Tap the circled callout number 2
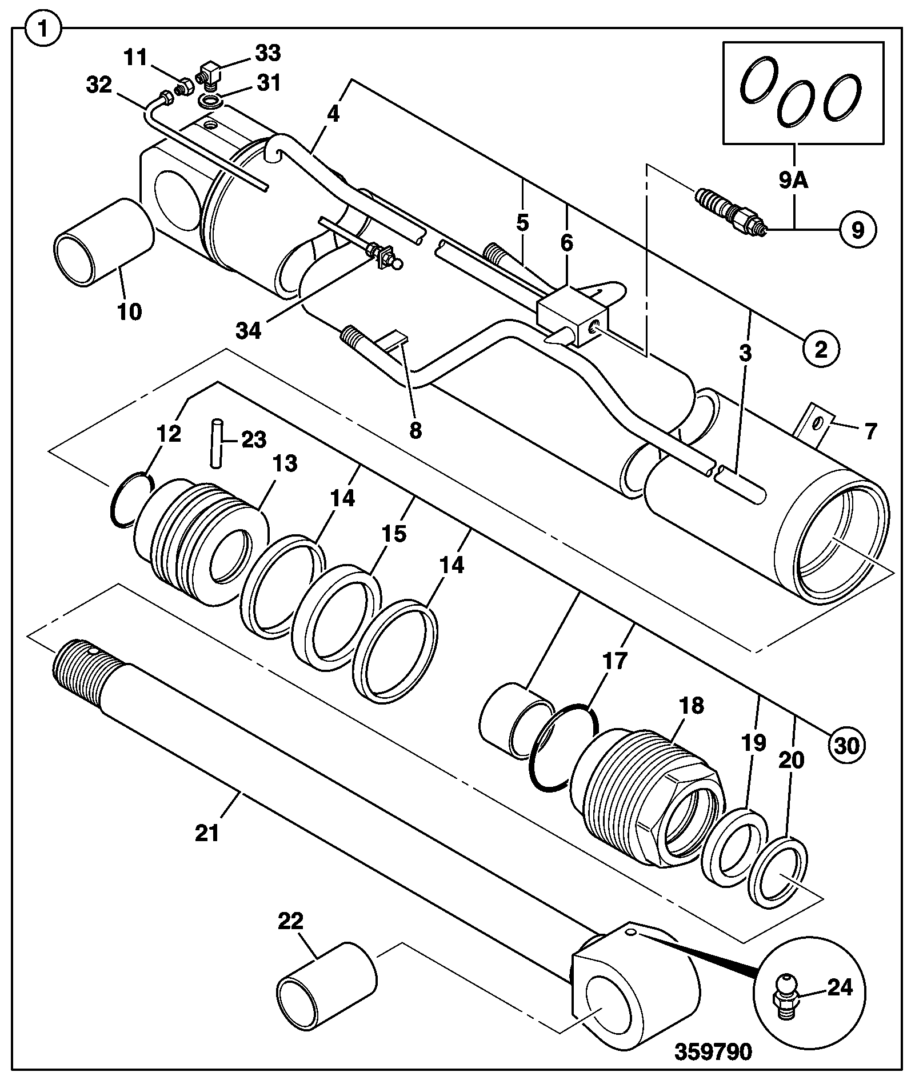point(821,349)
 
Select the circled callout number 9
point(857,230)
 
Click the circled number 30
point(848,745)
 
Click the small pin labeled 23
point(215,444)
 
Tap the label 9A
point(793,182)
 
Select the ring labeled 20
point(778,873)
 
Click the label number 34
point(250,330)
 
